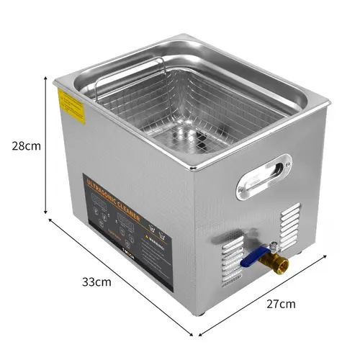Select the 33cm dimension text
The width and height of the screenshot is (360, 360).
tap(97, 281)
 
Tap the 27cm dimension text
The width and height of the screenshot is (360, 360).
tap(281, 303)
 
